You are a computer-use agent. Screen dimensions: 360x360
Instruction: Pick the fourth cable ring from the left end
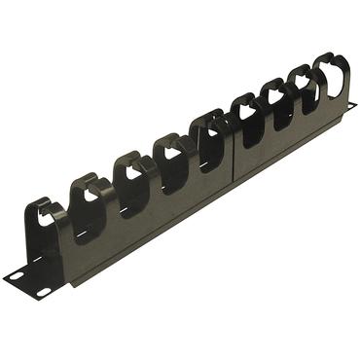(x=171, y=156)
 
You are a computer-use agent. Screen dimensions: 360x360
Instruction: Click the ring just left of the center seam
(x=208, y=136)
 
